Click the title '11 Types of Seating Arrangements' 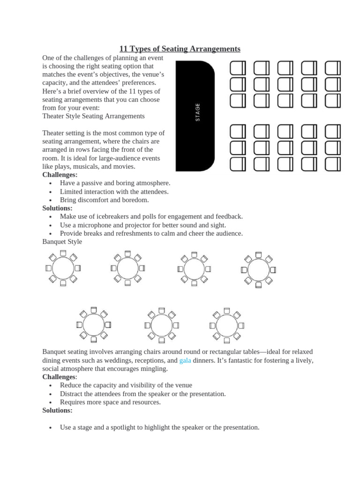tap(180, 49)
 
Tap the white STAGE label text tap(197, 112)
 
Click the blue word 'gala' tap(185, 360)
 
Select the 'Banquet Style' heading tap(62, 242)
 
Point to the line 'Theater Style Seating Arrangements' tap(93, 116)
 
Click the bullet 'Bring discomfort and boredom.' tap(104, 200)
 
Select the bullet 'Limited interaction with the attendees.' tap(114, 191)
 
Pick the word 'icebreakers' tap(118, 217)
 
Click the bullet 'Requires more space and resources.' tap(110, 402)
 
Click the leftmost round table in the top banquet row tap(63, 268)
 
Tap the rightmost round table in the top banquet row tap(258, 270)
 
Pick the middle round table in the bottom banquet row tap(162, 325)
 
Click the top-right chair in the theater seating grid tap(333, 68)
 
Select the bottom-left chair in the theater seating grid tap(238, 164)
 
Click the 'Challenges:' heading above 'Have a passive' tap(60, 175)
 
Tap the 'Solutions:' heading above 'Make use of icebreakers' tap(57, 208)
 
